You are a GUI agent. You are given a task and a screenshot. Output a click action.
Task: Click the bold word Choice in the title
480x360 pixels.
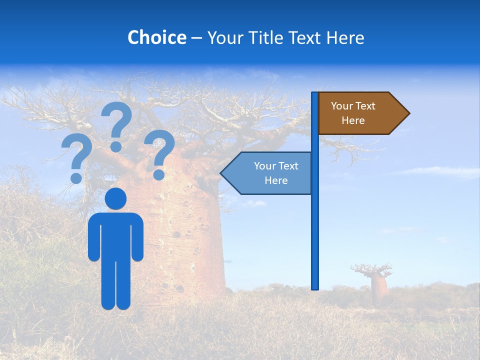(156, 37)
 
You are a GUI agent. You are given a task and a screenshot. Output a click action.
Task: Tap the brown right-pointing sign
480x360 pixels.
(360, 113)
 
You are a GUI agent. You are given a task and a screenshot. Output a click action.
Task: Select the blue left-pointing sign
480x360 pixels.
(270, 173)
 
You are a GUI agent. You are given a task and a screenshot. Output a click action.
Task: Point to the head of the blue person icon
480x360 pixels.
(115, 198)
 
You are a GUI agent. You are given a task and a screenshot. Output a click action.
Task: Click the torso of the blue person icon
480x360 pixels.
(115, 235)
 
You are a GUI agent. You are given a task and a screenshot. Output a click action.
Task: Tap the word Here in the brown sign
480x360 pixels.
(353, 120)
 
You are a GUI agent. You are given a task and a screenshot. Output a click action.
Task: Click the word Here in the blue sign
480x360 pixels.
(276, 180)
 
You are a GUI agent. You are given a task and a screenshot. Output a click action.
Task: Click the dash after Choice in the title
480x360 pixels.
(196, 38)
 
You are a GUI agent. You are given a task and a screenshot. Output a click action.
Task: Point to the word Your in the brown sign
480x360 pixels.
(342, 106)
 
